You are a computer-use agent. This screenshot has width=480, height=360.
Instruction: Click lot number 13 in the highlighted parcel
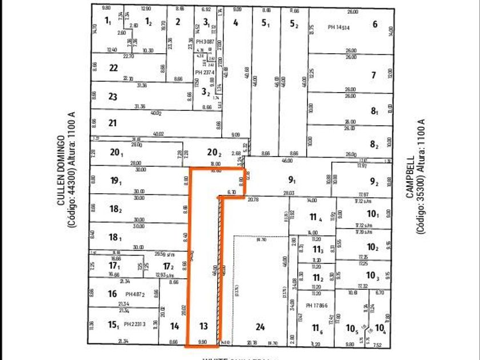point(203,327)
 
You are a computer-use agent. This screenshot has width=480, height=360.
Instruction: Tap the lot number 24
point(260,327)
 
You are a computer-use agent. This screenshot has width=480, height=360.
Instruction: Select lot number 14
point(175,327)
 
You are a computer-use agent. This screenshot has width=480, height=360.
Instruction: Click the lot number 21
point(113,123)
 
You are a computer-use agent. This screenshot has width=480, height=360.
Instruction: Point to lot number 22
point(113,68)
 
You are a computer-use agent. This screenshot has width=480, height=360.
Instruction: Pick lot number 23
point(113,97)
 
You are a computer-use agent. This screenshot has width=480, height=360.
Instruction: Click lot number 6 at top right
point(375,24)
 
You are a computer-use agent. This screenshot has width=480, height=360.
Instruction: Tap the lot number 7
point(373,75)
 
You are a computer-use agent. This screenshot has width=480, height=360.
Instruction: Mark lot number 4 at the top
point(235,23)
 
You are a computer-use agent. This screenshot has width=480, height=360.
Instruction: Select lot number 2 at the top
point(178,22)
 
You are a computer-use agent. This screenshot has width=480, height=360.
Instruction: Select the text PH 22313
point(135,324)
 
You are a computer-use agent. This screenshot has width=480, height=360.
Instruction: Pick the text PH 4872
point(135,294)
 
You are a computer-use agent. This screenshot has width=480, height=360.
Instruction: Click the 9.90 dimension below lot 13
point(203,342)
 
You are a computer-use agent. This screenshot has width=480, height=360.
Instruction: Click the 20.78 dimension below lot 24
point(252,342)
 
